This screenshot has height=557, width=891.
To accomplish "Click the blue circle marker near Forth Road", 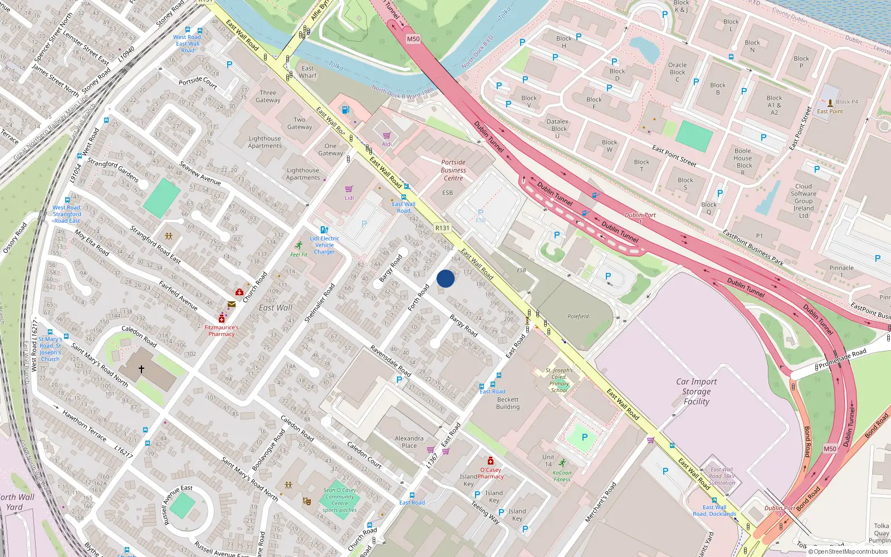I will tap(445, 278).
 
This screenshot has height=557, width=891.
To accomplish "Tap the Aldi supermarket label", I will tap(386, 144).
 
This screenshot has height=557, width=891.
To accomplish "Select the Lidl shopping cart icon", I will tap(349, 189).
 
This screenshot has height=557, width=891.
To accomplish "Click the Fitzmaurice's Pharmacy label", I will tap(221, 331).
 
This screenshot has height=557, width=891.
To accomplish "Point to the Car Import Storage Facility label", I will tap(696, 392).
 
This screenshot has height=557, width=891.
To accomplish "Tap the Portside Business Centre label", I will tap(453, 170).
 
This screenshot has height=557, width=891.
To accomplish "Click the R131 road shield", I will tap(442, 228).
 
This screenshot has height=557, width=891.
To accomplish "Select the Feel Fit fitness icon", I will tap(299, 246).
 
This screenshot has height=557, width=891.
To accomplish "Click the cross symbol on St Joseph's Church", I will tap(141, 369).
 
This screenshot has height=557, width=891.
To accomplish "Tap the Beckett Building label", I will tap(508, 403).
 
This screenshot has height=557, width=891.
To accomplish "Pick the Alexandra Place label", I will tap(409, 442).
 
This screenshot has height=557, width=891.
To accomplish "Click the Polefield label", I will tap(578, 316).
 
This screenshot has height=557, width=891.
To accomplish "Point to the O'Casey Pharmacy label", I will tap(491, 473).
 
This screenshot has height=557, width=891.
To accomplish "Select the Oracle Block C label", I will tap(677, 72).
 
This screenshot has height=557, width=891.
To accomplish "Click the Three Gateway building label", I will tap(268, 96).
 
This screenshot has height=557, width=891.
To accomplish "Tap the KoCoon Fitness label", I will tap(562, 476).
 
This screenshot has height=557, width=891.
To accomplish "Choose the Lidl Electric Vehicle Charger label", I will tap(325, 245).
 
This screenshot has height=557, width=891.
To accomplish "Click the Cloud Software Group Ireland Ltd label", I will tap(804, 201).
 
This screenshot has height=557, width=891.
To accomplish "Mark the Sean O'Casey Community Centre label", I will tap(340, 500).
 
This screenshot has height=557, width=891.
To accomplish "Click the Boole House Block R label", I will tap(743, 162).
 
